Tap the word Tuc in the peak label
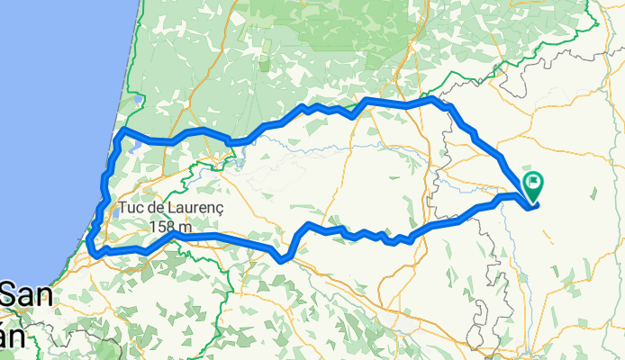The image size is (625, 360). (x=131, y=210)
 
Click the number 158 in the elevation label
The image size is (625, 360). (x=163, y=227)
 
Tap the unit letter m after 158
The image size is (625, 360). (x=185, y=228)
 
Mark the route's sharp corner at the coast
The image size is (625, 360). (x=122, y=131)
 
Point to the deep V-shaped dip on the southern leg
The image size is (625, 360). (x=283, y=259)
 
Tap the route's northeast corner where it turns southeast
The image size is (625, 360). (x=435, y=98)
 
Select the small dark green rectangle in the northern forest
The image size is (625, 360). (x=264, y=66)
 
